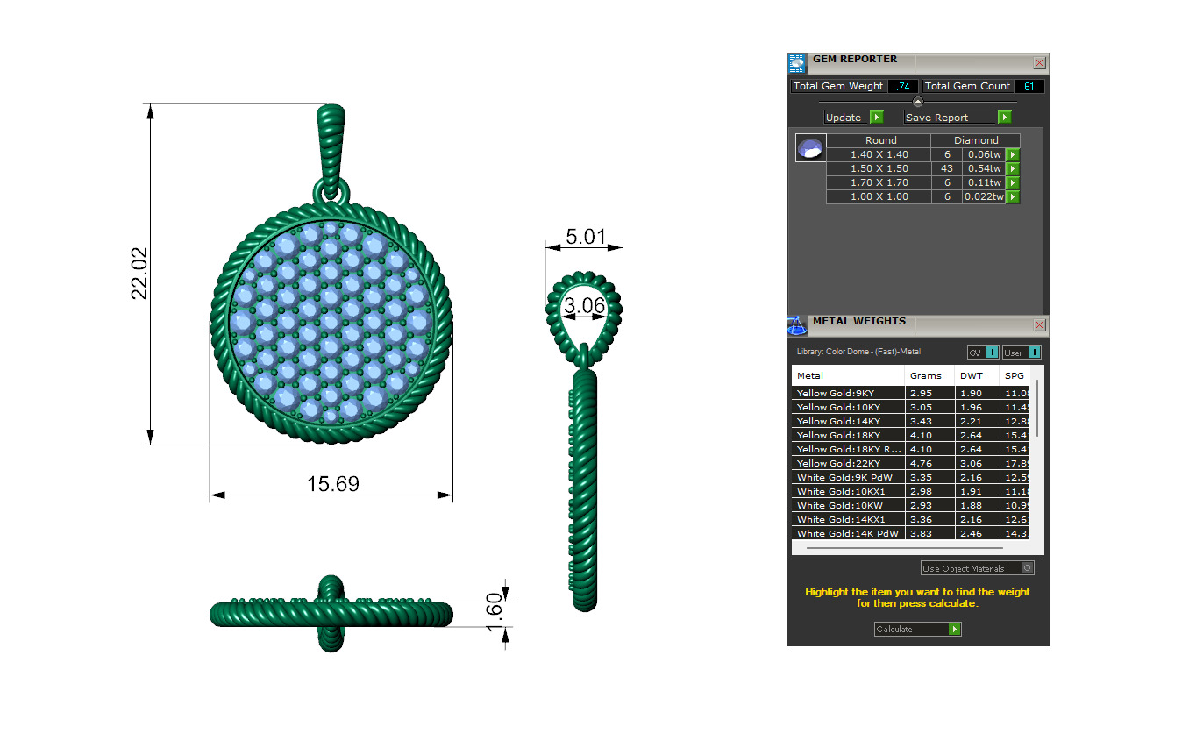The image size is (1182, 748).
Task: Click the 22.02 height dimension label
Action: tap(139, 274)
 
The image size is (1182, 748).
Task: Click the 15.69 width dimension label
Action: tap(332, 484)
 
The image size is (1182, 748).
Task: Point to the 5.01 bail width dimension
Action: tap(584, 237)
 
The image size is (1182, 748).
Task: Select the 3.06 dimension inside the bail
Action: tap(584, 306)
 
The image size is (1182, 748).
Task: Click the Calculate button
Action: tap(917, 629)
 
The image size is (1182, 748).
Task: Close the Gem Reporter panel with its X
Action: tap(1039, 63)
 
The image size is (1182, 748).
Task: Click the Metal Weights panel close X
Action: tap(1039, 325)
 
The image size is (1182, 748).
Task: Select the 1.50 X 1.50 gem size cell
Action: tap(879, 168)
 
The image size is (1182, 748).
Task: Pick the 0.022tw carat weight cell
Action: tap(983, 197)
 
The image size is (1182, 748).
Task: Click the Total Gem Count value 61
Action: tap(1029, 86)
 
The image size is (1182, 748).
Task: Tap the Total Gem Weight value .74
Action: tap(903, 86)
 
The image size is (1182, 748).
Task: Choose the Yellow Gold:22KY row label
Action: tap(838, 463)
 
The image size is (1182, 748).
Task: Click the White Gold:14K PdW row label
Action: tap(847, 533)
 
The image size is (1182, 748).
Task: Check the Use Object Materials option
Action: tap(1028, 568)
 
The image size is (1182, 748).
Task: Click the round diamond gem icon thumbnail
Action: tap(810, 148)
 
